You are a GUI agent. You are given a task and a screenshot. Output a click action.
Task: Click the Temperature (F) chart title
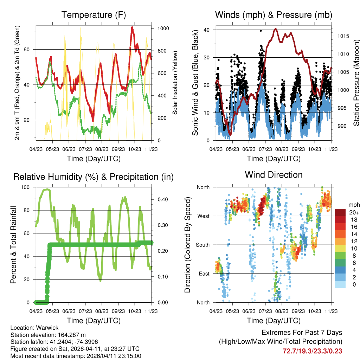pos(93,15)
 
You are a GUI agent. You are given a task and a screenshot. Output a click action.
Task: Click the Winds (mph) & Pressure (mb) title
pos(274,15)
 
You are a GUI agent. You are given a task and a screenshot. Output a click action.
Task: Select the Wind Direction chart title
pos(274,175)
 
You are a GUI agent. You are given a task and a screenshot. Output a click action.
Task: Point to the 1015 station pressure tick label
pos(342,36)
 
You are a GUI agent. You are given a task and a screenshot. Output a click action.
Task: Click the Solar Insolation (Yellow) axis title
pos(175,83)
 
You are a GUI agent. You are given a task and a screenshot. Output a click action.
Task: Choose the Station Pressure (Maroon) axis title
pos(356,83)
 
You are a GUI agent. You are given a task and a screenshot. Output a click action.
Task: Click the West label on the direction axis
pos(203,216)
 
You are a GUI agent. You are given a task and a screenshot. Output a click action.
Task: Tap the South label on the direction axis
pos(202,245)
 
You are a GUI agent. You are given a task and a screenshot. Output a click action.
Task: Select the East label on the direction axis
pos(203,274)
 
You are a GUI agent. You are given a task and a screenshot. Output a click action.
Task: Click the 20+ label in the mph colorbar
pos(354,212)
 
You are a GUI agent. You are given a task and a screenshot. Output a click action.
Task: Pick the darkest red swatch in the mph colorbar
pos(340,212)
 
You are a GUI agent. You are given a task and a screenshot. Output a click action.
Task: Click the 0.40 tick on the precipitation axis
pos(161,199)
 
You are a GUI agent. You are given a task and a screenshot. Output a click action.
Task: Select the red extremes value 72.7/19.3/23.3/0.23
pos(312,351)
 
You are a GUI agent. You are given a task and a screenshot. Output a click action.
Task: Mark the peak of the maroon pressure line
pos(276,29)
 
